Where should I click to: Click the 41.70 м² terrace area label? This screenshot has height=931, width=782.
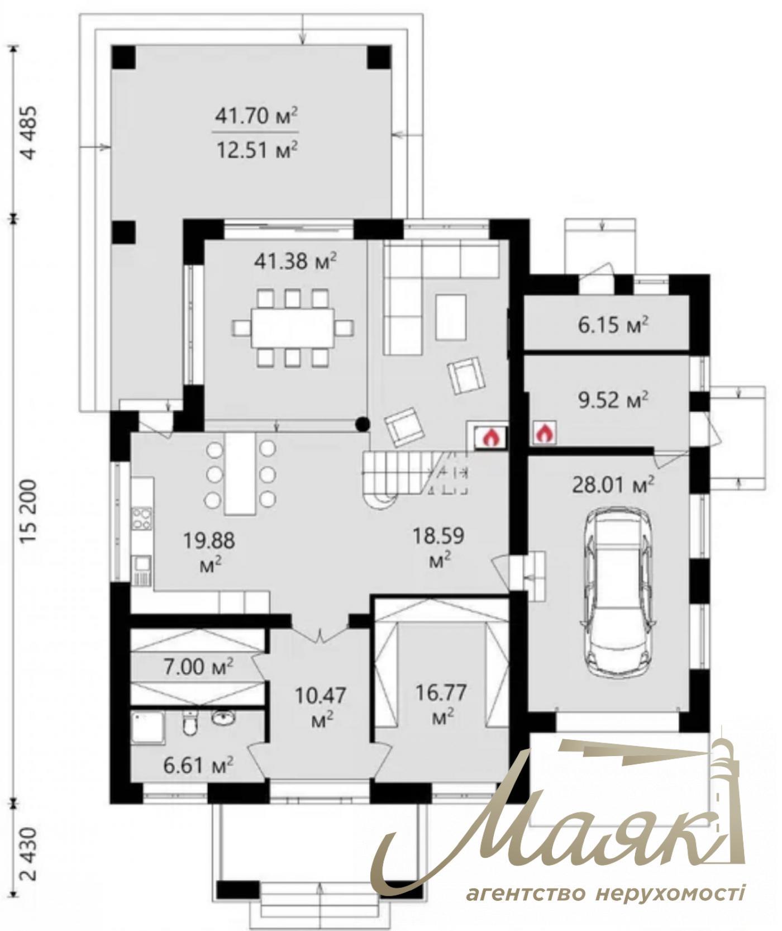click(x=256, y=116)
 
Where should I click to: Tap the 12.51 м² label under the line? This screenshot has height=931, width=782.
click(x=256, y=150)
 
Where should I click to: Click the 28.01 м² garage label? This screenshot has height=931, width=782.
click(x=613, y=485)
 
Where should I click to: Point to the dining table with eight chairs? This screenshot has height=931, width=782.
click(x=293, y=327)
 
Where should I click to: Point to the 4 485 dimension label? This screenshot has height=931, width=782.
click(x=28, y=133)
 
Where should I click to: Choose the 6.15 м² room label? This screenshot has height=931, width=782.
click(x=613, y=325)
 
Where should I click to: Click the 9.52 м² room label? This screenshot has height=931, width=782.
click(x=613, y=400)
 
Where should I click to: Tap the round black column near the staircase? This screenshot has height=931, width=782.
click(x=363, y=425)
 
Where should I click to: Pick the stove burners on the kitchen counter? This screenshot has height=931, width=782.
click(x=142, y=517)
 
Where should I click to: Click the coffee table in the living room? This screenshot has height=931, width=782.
click(x=451, y=317)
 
